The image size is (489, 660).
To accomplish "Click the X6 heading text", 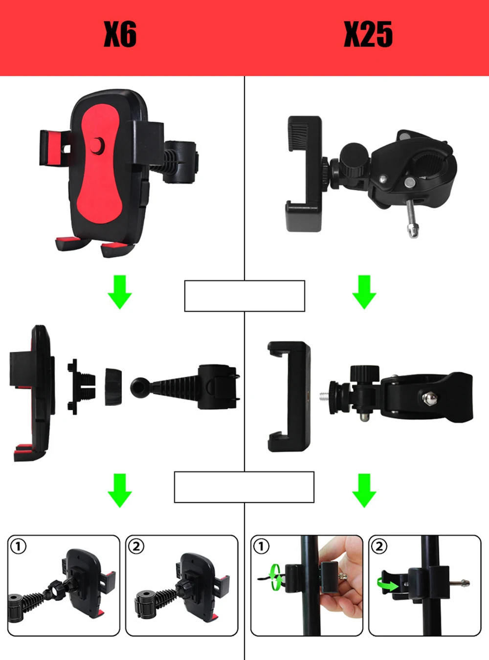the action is [x=120, y=35].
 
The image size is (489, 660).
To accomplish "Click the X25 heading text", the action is [x=368, y=35].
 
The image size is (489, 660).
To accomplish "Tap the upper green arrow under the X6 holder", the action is [x=120, y=292].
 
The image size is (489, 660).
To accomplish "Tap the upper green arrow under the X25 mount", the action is [x=364, y=292].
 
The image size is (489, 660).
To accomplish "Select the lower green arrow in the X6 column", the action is [x=120, y=490].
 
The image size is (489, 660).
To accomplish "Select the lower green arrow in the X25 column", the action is [x=364, y=490].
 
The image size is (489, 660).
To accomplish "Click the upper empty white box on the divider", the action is [x=244, y=296].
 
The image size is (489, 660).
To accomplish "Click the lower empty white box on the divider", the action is [x=244, y=487].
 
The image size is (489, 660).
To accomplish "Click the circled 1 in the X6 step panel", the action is [x=18, y=546].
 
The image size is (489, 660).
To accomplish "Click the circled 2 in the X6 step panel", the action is [x=136, y=546].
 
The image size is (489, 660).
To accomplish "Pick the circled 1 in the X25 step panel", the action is [x=261, y=546].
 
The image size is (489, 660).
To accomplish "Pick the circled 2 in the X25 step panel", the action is [x=379, y=546].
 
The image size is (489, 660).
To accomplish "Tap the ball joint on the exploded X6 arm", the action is [x=139, y=387].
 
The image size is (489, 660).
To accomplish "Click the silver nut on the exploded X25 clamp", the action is [x=429, y=398].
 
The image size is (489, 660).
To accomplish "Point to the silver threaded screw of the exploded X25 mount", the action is [x=323, y=394].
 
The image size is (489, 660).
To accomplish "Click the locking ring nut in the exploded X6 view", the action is [x=113, y=386].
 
